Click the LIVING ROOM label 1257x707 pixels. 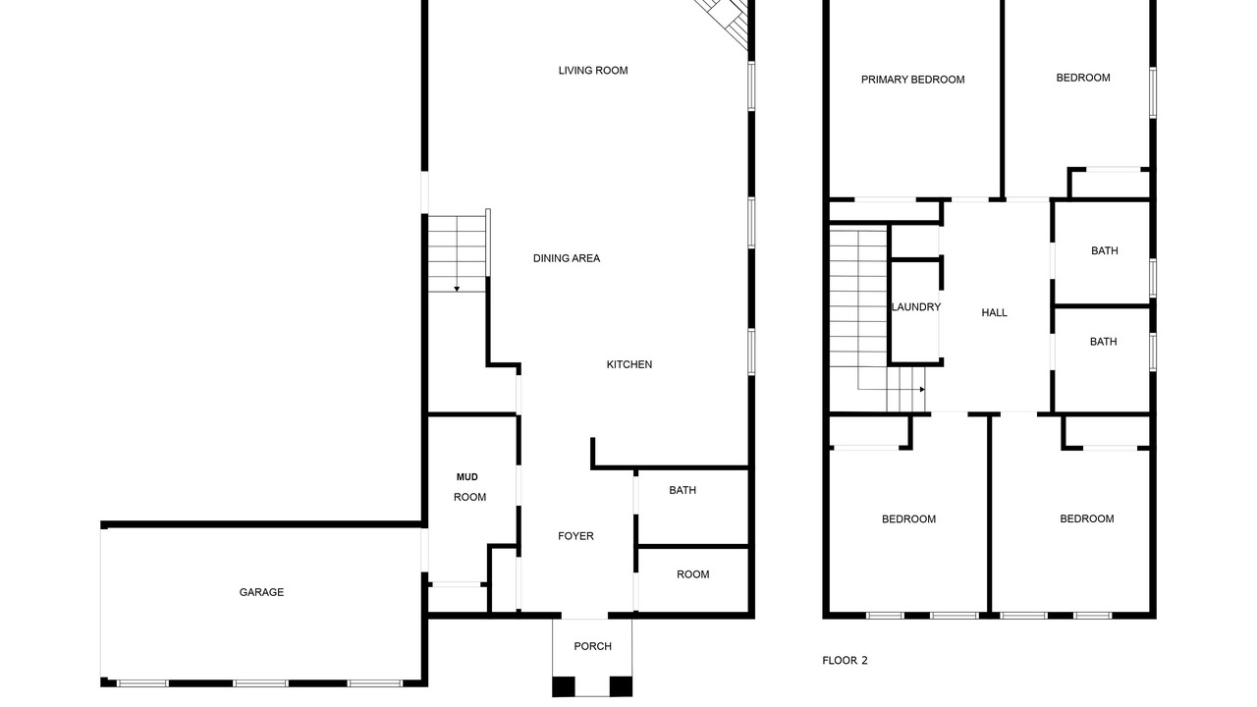[592, 71]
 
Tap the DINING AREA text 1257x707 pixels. [567, 258]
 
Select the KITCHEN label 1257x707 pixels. [629, 364]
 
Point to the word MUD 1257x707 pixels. [466, 477]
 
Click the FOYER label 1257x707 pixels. [575, 536]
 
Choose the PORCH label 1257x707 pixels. [592, 646]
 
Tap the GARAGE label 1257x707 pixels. [261, 592]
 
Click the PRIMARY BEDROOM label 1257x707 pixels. [912, 81]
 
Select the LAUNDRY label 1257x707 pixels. [916, 307]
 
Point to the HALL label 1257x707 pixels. [994, 313]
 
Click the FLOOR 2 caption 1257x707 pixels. [845, 661]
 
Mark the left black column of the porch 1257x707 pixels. [564, 686]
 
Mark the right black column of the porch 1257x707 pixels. [621, 686]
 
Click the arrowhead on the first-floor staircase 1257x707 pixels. [457, 289]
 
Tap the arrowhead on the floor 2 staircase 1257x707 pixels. [922, 390]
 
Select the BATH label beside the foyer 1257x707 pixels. [683, 490]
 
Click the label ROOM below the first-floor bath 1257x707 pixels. [692, 574]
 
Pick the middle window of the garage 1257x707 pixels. [260, 683]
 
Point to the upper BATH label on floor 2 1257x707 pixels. [1104, 250]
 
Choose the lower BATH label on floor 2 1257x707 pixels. [1103, 342]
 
